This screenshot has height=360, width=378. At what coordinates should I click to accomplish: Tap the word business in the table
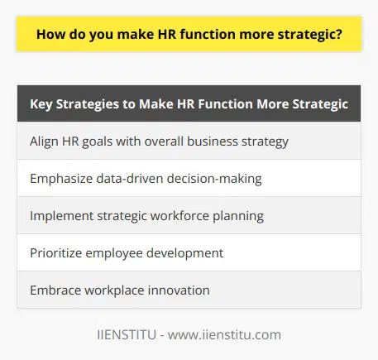(x=218, y=142)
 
